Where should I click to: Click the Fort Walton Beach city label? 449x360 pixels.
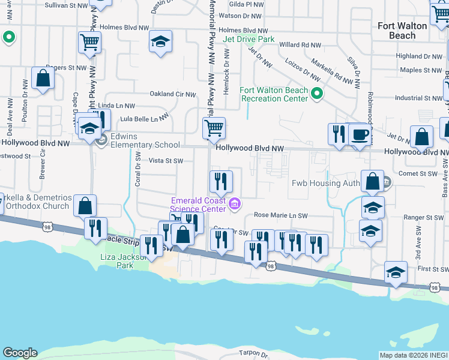point(402,31)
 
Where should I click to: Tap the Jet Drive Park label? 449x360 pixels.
point(249,40)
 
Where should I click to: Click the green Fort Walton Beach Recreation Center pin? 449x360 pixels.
point(318,94)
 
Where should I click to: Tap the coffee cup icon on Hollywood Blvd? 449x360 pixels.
point(360,134)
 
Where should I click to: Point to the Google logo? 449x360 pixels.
point(20,353)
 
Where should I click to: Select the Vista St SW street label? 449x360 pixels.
point(166,161)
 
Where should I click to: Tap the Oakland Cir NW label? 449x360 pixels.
point(172,94)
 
